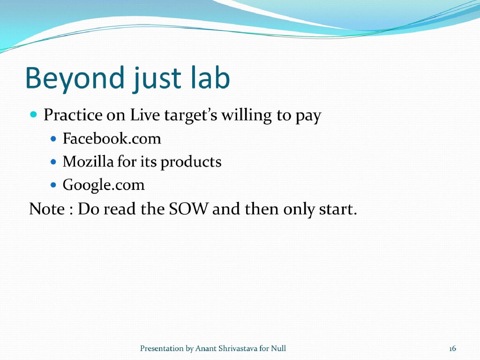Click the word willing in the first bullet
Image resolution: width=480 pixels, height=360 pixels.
click(247, 115)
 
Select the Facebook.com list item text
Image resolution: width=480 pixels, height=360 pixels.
click(112, 139)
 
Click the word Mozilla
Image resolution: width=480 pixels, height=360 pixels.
click(88, 162)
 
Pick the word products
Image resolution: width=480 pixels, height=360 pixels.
click(191, 162)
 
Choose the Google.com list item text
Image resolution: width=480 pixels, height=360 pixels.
click(104, 185)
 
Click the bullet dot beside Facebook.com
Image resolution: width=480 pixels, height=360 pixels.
click(53, 139)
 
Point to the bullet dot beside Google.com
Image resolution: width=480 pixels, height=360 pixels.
click(53, 185)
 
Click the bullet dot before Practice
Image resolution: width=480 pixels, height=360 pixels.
click(33, 114)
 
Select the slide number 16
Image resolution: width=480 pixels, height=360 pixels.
click(452, 348)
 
